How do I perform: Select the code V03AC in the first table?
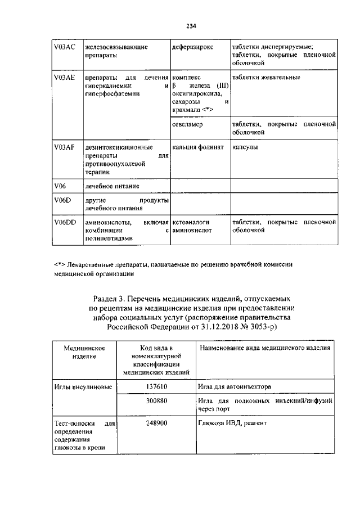(64, 47)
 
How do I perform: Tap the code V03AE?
(64, 77)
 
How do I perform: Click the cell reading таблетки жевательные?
(265, 77)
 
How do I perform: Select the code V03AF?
(64, 147)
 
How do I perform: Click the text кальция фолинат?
(198, 147)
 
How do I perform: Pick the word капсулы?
(245, 147)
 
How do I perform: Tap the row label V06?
(60, 186)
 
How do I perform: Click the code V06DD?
(65, 223)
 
